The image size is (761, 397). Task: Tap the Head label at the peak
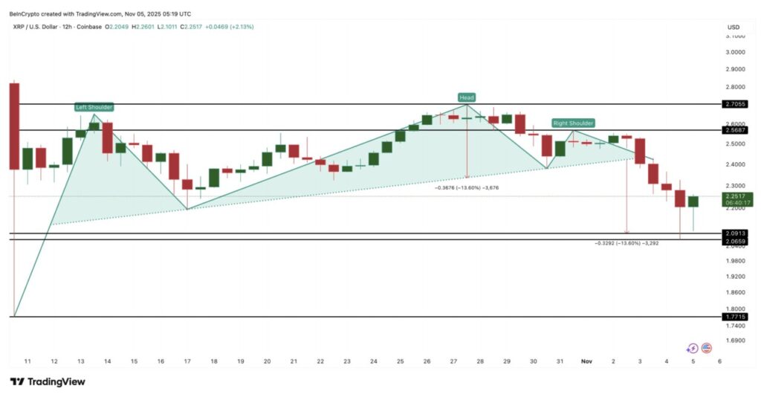point(467,97)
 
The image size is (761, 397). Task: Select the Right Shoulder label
point(573,123)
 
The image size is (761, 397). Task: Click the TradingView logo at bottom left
point(48,381)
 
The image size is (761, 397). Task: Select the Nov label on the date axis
point(586,361)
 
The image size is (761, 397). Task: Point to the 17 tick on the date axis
point(187,361)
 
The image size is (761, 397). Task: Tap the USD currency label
point(734,28)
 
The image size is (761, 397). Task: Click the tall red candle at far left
point(14,126)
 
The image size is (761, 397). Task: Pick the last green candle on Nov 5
point(693,201)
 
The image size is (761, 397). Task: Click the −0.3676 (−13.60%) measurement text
point(467,188)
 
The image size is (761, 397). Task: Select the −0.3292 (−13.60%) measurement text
point(628,243)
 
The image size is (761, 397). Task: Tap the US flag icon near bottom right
point(707,347)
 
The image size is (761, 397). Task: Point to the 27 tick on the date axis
point(453,361)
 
